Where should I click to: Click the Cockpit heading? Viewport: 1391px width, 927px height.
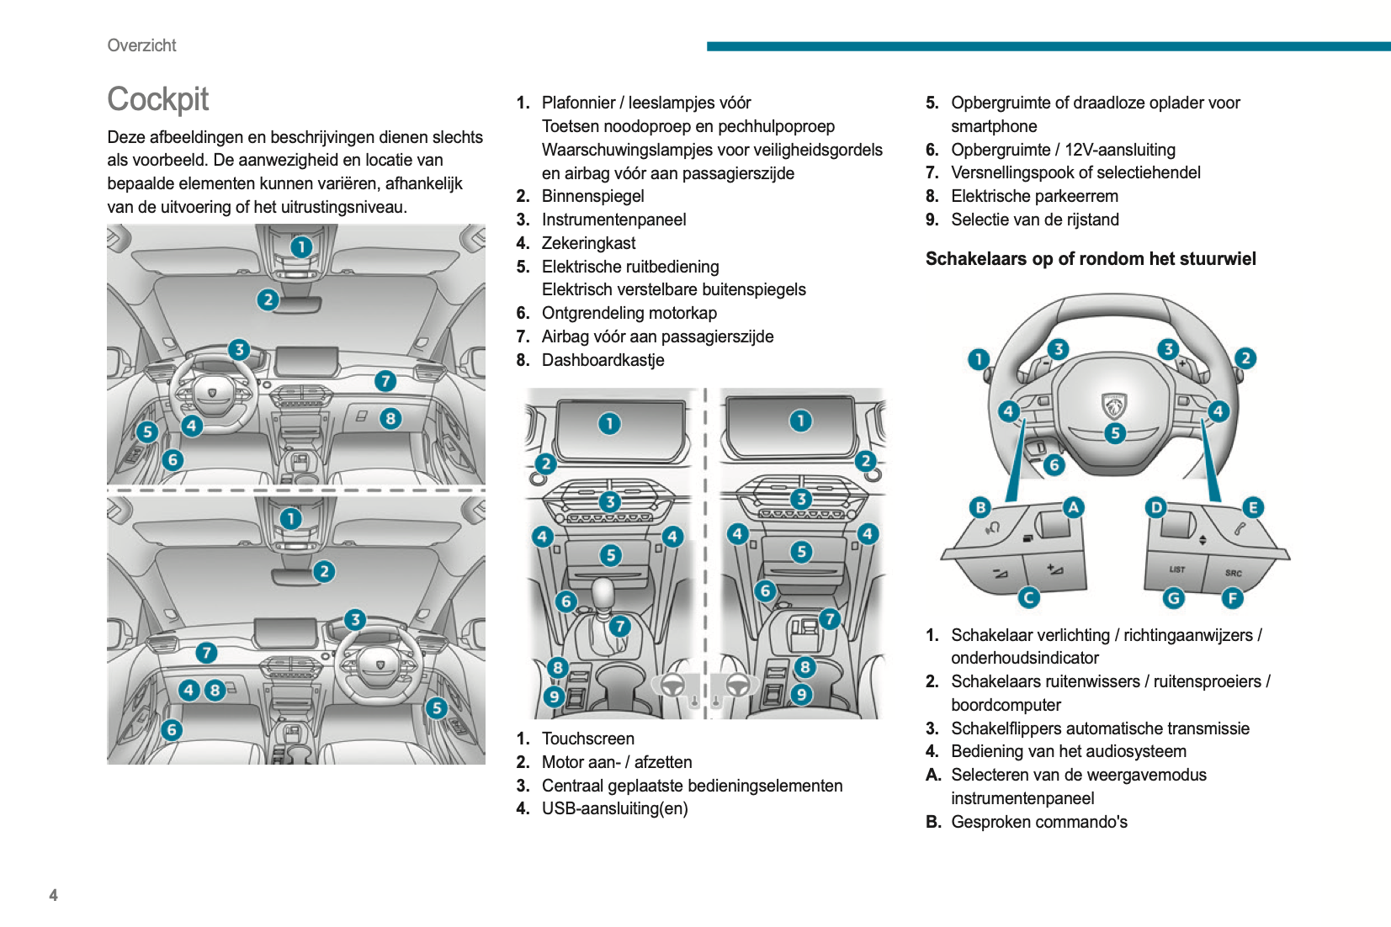coord(158,99)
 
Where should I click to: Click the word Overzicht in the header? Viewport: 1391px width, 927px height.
coord(141,45)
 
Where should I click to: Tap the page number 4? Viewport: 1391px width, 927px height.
coord(54,895)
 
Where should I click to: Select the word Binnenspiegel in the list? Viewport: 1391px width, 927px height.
coord(592,196)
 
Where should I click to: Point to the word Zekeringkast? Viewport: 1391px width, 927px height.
coord(588,243)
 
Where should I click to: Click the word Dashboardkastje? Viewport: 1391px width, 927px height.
coord(603,360)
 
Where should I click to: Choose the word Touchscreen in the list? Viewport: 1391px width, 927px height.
coord(587,739)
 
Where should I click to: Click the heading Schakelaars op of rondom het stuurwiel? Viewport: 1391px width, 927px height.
coord(1090,259)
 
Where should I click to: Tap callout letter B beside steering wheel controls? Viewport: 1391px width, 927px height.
coord(980,507)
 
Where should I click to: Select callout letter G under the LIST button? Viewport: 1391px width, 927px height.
coord(1173,598)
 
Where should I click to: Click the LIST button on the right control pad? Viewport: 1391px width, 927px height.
coord(1176,569)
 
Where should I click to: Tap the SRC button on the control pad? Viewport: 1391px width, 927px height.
coord(1233,573)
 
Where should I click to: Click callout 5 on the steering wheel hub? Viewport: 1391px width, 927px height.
coord(1115,433)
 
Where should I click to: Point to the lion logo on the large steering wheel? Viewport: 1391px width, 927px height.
coord(1114,406)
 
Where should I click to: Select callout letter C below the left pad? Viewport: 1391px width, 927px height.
coord(1028,597)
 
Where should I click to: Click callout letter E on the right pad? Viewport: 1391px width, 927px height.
coord(1253,507)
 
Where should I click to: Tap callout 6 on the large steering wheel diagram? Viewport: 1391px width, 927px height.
coord(1054,464)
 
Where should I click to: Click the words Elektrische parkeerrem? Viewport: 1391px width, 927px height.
coord(1034,196)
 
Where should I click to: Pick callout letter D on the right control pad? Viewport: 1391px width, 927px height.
coord(1156,507)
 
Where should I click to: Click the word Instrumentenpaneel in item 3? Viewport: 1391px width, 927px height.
coord(613,220)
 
